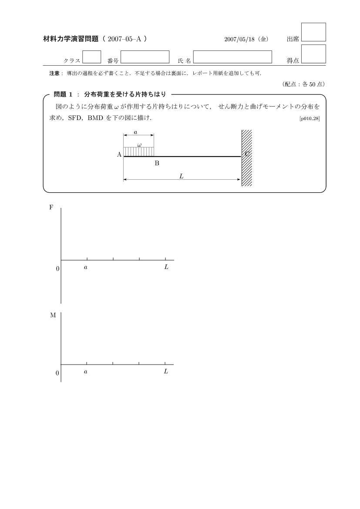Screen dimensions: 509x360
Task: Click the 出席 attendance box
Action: pos(313,32)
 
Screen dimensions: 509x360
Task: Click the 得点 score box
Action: pos(313,54)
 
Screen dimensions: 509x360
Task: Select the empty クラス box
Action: pos(91,57)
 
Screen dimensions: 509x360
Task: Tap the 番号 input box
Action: pos(145,57)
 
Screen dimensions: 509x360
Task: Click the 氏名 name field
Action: pos(232,57)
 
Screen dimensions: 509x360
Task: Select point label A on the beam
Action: pos(119,154)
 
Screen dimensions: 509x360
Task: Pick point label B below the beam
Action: pos(157,164)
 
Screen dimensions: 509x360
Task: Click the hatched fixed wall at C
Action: pos(247,158)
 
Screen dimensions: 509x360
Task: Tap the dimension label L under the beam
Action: pos(181,176)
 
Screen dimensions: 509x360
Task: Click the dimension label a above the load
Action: pos(135,132)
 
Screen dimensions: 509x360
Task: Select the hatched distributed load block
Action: pos(139,151)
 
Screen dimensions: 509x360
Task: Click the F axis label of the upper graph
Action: pos(51,208)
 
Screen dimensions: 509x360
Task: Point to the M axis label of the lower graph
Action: pos(53,315)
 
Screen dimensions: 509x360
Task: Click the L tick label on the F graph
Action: pos(166,267)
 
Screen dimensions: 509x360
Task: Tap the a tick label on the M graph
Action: pos(86,372)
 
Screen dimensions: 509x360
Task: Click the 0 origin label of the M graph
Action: pos(57,373)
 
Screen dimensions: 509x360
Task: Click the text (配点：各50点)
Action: pos(303,84)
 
